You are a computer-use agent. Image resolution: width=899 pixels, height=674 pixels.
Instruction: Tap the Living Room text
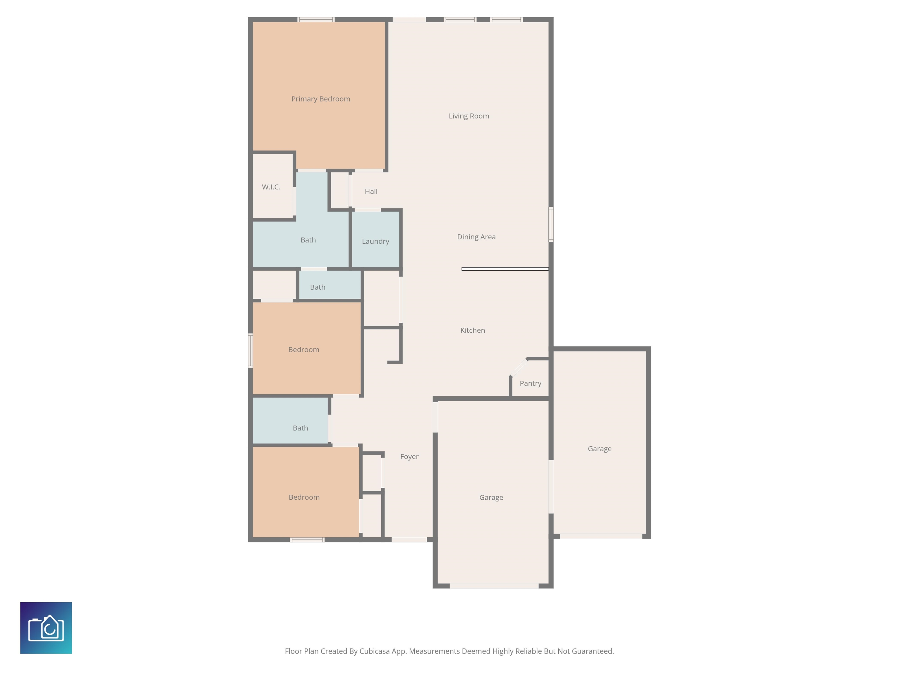469,116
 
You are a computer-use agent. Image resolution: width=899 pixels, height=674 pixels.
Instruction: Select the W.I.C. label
271,187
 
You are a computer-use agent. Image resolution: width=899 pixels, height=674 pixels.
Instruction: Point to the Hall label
371,191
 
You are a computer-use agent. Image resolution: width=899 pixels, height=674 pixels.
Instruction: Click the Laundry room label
375,241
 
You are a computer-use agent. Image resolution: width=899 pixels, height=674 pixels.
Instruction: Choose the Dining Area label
476,237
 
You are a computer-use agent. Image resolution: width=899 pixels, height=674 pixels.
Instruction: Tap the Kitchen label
473,330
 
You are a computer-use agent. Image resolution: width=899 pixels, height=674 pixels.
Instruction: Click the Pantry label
530,384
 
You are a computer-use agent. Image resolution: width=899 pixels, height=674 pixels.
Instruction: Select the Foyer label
409,457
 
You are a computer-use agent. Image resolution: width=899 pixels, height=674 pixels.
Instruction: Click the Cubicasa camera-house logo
46,628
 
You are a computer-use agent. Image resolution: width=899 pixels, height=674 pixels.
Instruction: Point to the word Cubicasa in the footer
374,651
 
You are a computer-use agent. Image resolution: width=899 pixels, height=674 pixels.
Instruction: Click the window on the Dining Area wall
551,224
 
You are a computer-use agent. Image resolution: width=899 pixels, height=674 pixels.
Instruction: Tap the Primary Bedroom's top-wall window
316,20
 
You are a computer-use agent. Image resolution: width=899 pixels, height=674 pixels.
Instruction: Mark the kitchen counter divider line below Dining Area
505,269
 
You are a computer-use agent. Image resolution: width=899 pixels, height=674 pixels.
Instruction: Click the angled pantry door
519,368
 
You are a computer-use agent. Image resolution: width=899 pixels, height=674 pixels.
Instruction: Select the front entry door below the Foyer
409,539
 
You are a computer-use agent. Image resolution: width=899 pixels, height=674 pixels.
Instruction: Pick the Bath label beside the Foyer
300,428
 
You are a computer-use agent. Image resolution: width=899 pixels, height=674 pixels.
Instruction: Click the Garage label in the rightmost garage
599,449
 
